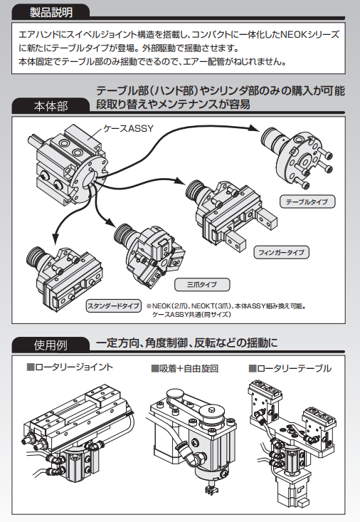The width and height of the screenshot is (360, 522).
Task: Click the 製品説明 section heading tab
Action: click(x=51, y=12)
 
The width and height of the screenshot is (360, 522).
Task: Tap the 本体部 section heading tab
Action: click(x=51, y=106)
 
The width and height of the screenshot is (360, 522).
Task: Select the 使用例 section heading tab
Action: click(x=51, y=345)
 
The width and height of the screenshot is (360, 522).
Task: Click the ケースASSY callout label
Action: click(x=129, y=128)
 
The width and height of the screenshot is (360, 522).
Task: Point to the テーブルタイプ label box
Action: click(x=307, y=202)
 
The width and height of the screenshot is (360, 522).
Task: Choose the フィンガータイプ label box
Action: click(x=282, y=252)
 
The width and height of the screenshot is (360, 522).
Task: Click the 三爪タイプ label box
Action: click(x=202, y=285)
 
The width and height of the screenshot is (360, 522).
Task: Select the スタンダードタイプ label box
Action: click(x=113, y=306)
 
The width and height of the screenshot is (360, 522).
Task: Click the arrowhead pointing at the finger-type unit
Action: click(x=180, y=181)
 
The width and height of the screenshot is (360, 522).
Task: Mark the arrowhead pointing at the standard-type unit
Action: click(x=55, y=236)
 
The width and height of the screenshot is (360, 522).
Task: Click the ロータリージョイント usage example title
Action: click(x=70, y=367)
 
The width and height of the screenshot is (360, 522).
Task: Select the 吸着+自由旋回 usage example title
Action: click(x=185, y=368)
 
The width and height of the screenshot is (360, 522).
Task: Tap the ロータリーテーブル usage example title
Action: click(x=290, y=368)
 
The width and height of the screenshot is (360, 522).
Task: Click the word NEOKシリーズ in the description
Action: click(x=309, y=34)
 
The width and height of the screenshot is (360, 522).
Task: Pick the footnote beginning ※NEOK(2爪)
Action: click(x=226, y=310)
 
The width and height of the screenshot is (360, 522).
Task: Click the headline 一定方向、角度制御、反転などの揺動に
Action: click(x=187, y=343)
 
